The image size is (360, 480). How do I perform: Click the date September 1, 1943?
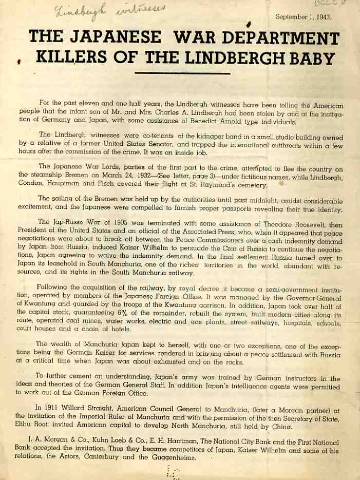pyautogui.click(x=303, y=17)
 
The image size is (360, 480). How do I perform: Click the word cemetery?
pyautogui.click(x=249, y=185)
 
